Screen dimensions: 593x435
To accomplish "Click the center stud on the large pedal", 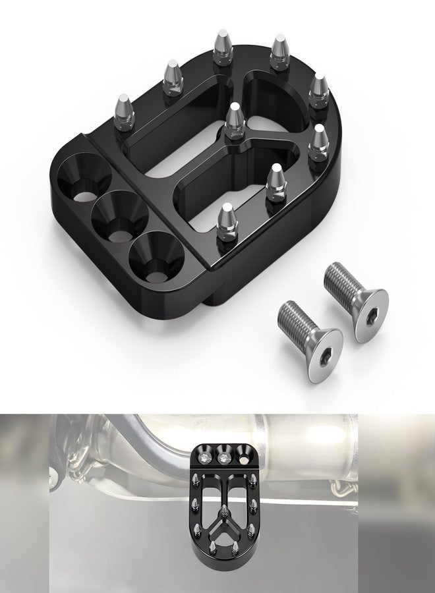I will tap(234, 121).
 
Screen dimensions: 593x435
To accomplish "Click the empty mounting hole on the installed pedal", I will tap(244, 457).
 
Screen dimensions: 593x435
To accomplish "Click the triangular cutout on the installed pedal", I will tap(225, 532).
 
